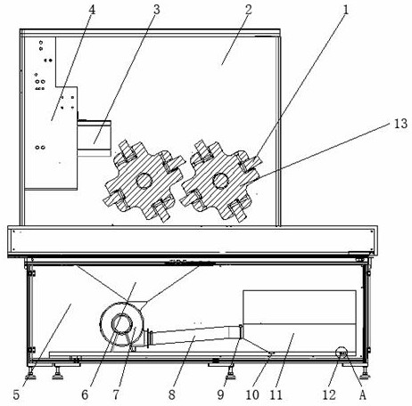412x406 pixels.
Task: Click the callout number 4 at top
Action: (92, 10)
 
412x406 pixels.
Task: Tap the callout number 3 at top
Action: (157, 10)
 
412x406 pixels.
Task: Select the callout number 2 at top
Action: (249, 10)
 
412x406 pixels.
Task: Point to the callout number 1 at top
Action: (345, 10)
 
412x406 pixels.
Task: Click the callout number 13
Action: (400, 124)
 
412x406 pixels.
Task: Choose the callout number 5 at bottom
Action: (16, 394)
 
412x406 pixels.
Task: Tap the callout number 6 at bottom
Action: (85, 394)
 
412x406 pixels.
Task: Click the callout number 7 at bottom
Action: (116, 394)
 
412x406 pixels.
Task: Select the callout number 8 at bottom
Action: (172, 394)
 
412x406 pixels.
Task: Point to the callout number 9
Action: (220, 394)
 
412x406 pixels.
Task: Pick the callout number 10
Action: (252, 394)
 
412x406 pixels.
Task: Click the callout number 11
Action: (276, 394)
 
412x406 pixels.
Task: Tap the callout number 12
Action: (329, 394)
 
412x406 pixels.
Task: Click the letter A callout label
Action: (362, 395)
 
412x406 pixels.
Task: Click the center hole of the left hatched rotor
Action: (144, 180)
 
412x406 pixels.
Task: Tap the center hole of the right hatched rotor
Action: (220, 181)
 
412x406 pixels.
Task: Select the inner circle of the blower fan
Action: (122, 324)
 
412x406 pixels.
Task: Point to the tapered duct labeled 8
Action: (194, 335)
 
